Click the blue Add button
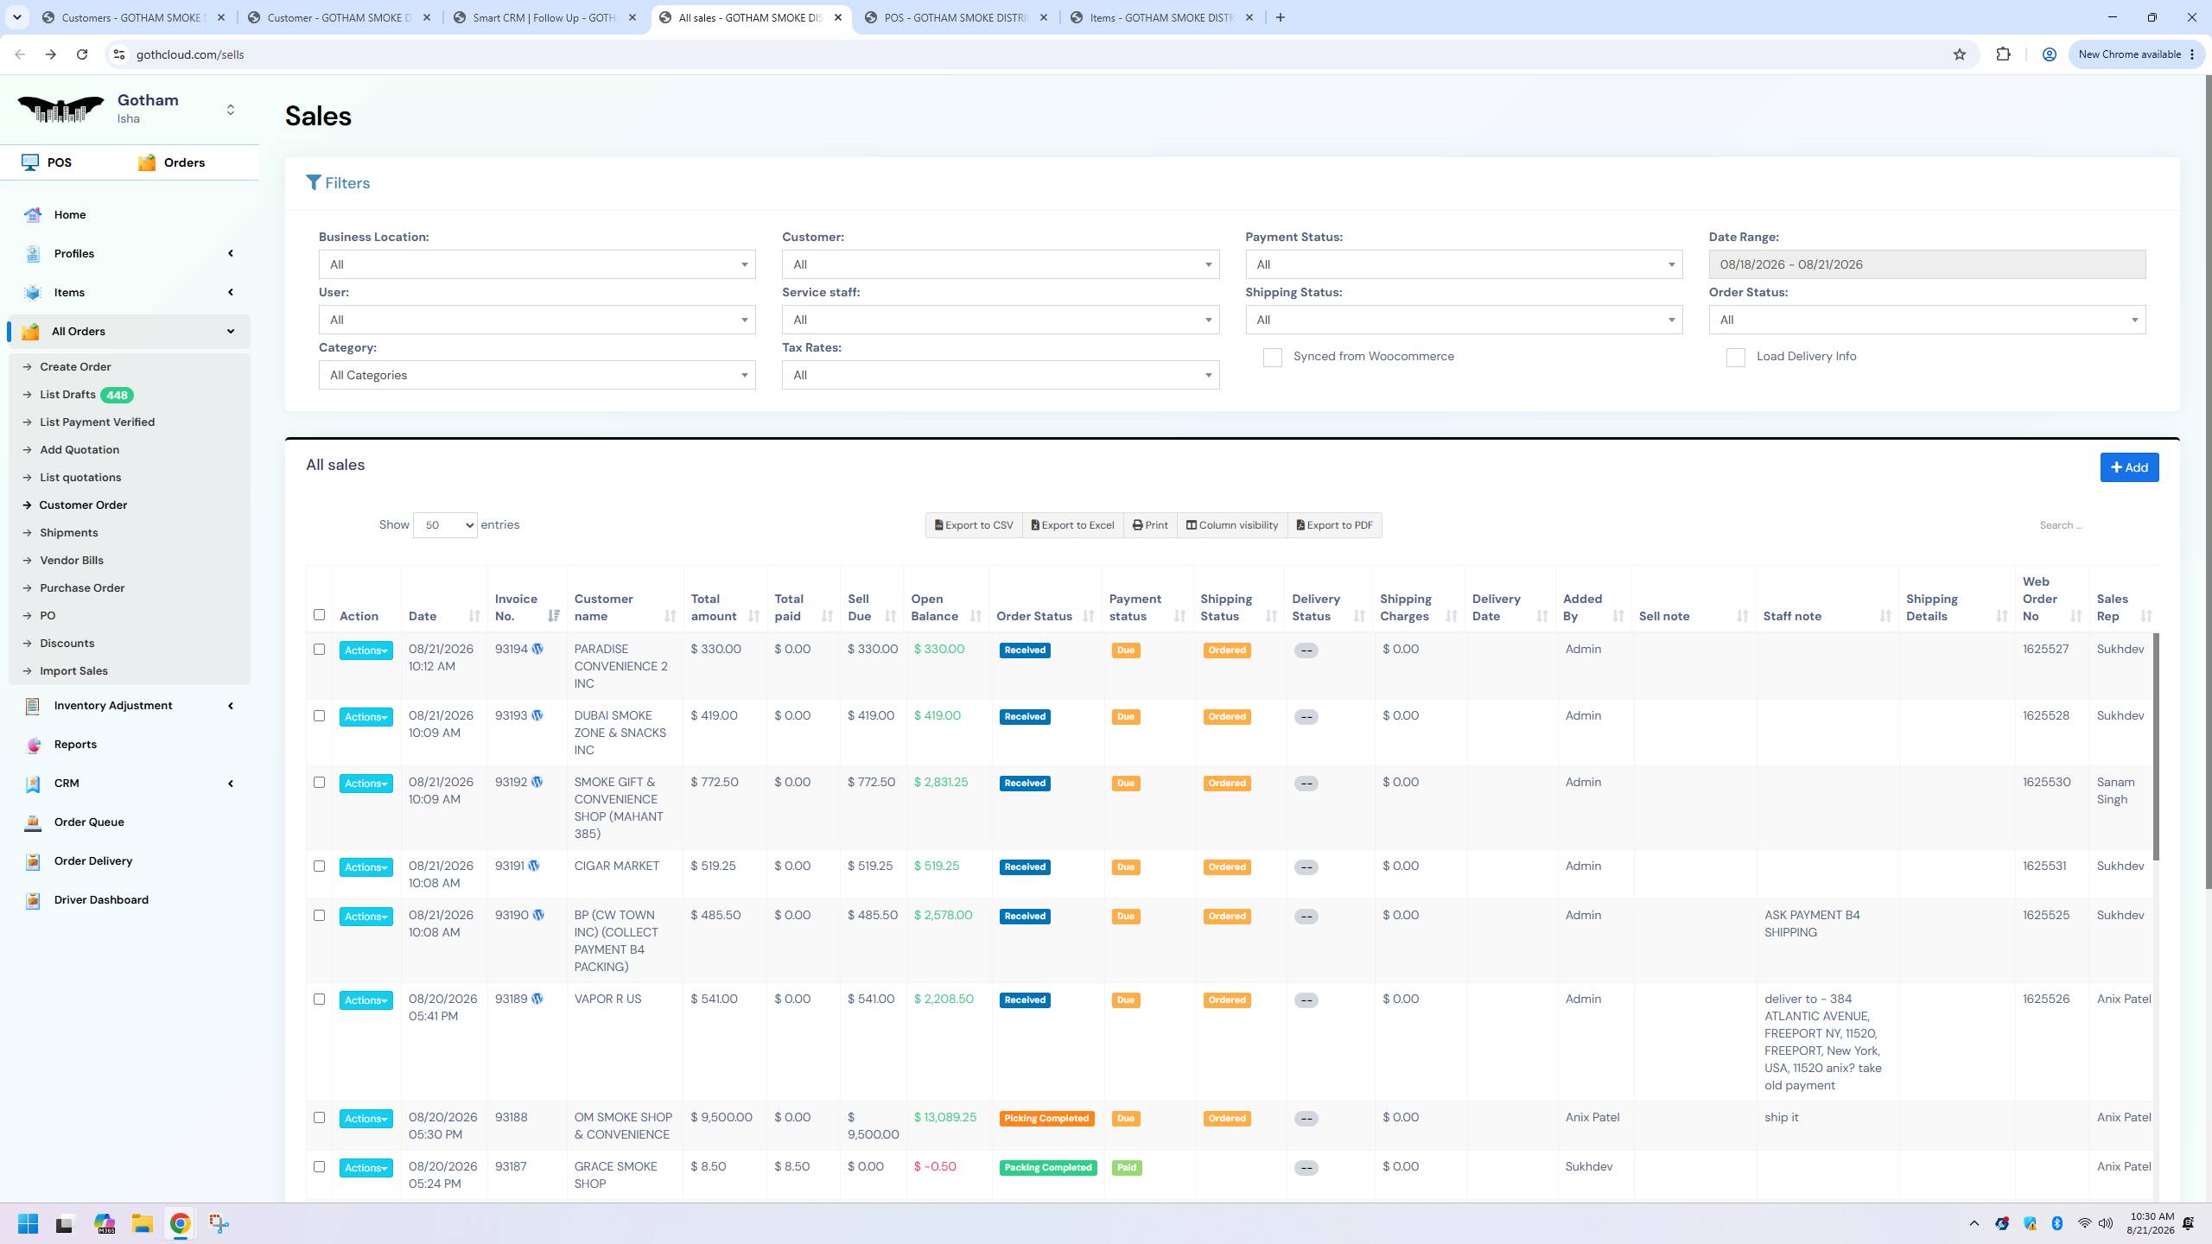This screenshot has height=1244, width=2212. tap(2129, 467)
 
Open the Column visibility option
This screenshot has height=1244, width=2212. tap(1232, 525)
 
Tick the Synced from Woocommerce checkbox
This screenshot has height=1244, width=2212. tap(1272, 358)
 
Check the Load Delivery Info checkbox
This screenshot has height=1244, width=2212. tap(1735, 358)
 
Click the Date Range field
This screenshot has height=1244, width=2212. tap(1927, 264)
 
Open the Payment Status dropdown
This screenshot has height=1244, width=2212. tap(1464, 264)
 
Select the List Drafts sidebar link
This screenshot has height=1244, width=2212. tap(67, 395)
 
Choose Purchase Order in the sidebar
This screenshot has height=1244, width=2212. tap(82, 588)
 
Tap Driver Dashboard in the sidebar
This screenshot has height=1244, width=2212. tap(101, 900)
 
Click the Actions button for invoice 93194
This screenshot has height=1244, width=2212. tap(365, 651)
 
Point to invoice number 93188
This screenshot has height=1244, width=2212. tap(511, 1118)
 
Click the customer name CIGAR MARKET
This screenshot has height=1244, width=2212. tap(616, 866)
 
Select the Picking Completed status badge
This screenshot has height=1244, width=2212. tap(1046, 1119)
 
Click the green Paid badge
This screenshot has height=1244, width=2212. tap(1126, 1168)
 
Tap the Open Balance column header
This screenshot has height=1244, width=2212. tap(934, 607)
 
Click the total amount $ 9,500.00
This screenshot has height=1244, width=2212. tap(721, 1118)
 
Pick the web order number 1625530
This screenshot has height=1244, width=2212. tap(2046, 783)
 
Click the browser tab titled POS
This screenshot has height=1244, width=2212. tap(956, 17)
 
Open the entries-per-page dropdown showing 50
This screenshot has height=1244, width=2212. tap(445, 525)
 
